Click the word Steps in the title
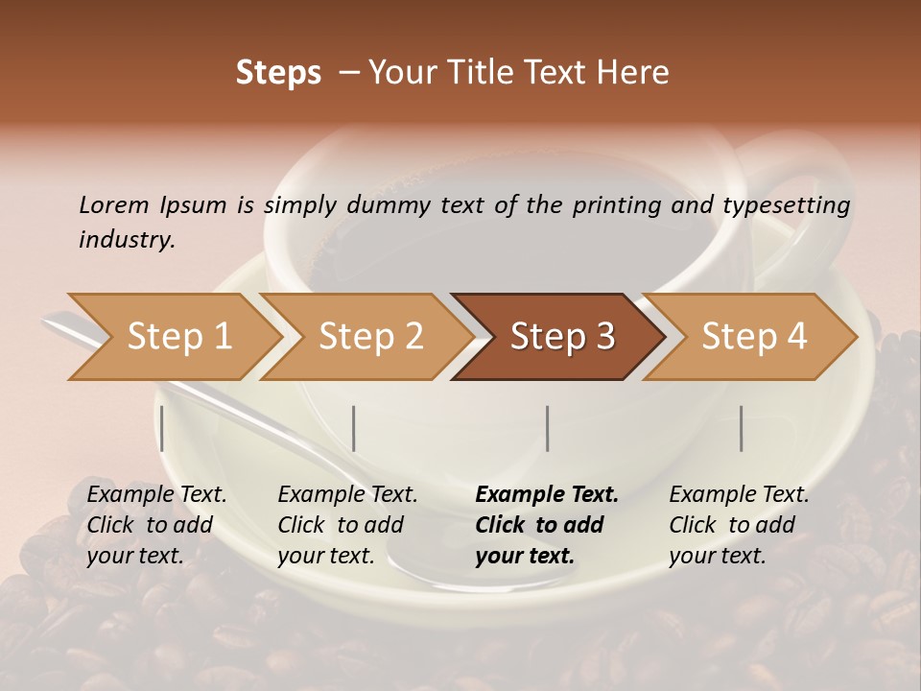278,73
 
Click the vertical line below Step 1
162,428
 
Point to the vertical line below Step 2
354,428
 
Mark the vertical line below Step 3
547,428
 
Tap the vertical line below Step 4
741,428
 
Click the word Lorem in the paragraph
113,205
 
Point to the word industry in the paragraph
127,240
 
